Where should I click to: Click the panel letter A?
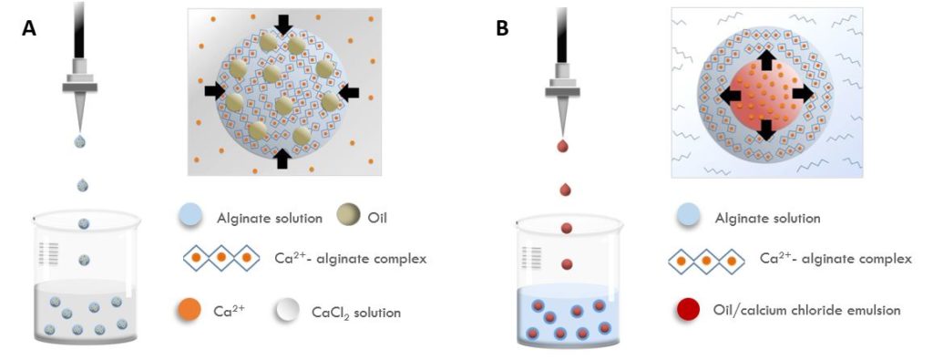29,28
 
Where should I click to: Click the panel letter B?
502,28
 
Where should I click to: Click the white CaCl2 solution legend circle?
286,311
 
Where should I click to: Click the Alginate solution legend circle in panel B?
690,218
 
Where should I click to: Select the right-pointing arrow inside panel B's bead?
802,94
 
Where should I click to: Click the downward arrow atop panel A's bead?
284,24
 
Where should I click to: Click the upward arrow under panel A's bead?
282,158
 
